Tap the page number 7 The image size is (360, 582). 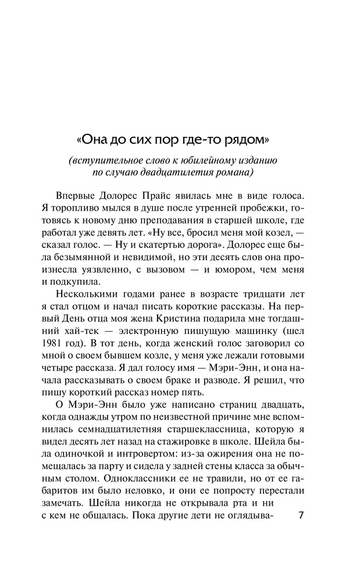pos(301,517)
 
